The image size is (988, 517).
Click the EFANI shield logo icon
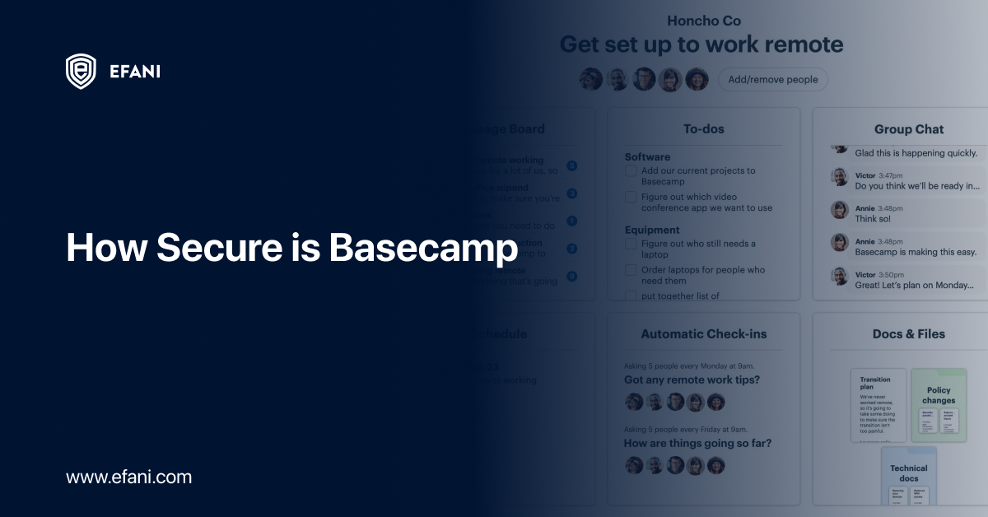(81, 71)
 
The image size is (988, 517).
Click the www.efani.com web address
(128, 477)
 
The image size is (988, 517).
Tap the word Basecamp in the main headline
(423, 248)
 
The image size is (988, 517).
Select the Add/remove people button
(773, 79)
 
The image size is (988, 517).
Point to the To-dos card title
(703, 129)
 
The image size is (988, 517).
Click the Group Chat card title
(909, 129)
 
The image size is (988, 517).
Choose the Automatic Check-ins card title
(703, 334)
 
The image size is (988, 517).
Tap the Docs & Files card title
(909, 334)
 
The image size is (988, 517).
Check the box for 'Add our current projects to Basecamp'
(631, 171)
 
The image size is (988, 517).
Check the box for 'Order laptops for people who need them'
(631, 270)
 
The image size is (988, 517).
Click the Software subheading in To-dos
(647, 157)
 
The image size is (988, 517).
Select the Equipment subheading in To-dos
(652, 230)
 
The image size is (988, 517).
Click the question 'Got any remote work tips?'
(692, 380)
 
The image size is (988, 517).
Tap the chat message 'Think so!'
(873, 219)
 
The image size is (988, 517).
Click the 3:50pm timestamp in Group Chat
(891, 274)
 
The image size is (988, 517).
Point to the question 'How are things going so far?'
(697, 444)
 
